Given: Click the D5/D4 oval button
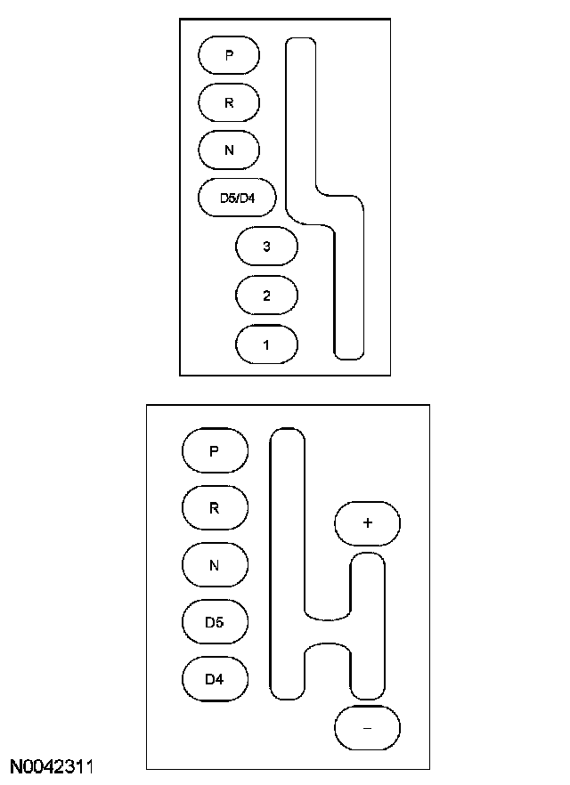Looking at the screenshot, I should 237,198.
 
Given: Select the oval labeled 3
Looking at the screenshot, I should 266,247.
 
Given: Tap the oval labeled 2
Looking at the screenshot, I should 266,295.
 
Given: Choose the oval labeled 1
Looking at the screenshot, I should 266,344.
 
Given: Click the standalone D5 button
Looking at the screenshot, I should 214,622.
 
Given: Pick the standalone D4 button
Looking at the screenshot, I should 214,680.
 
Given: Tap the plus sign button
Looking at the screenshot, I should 367,523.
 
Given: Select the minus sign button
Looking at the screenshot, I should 367,727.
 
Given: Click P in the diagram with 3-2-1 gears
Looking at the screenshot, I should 229,55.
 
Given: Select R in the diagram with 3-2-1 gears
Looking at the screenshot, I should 229,102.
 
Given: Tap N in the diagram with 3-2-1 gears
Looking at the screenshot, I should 229,150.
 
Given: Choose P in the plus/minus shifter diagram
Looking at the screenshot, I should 214,450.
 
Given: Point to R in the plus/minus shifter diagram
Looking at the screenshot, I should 214,508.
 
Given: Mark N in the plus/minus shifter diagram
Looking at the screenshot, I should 214,565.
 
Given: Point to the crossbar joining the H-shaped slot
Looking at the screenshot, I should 327,629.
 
